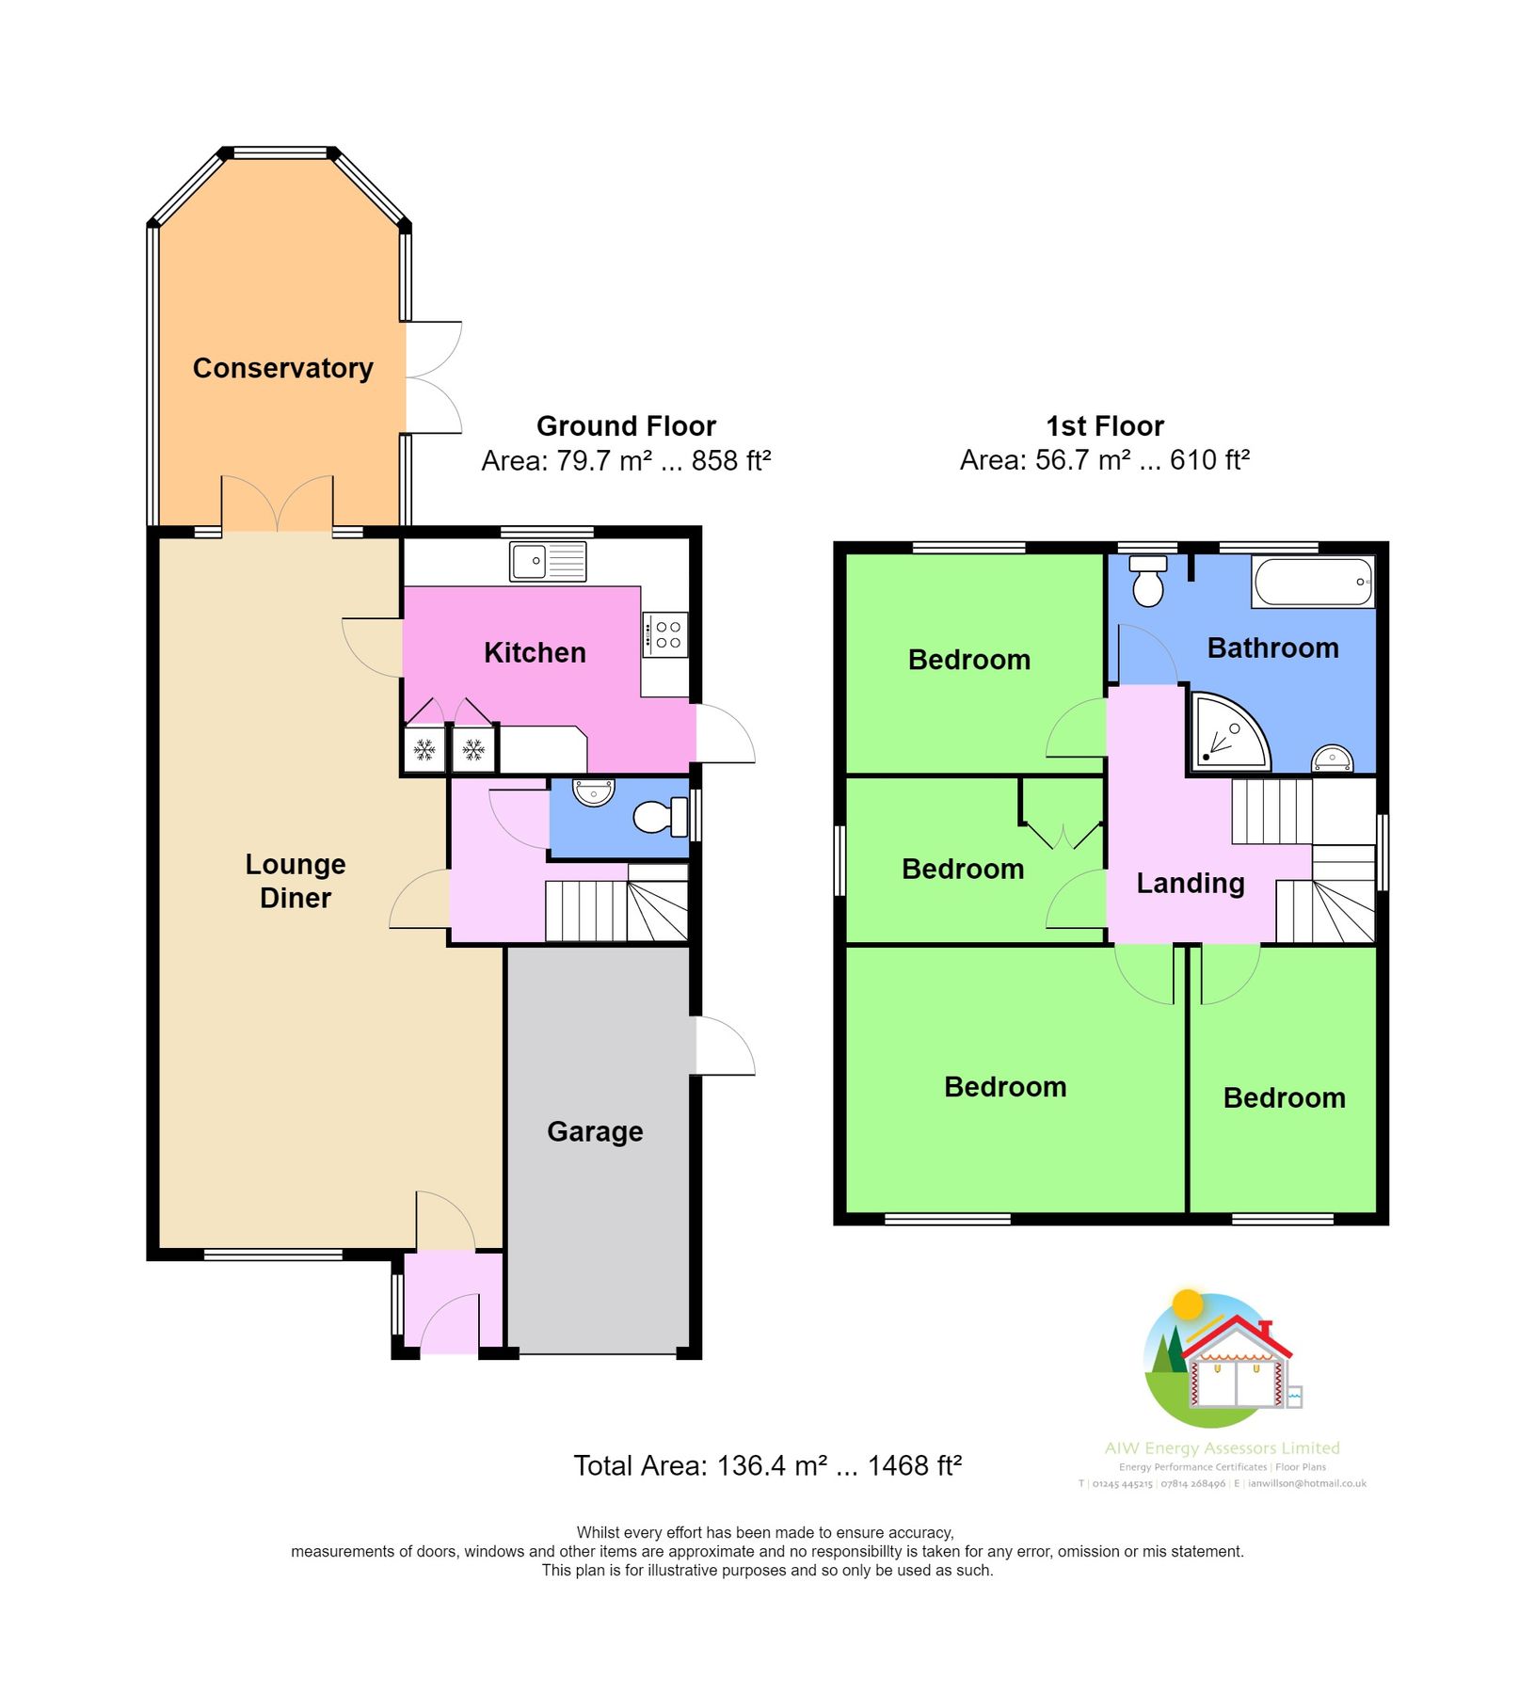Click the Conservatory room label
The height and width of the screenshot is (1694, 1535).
coord(282,368)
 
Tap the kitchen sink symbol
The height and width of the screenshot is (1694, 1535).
coord(547,561)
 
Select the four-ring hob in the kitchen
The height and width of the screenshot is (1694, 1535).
coord(666,635)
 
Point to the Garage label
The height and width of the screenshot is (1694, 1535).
coord(595,1131)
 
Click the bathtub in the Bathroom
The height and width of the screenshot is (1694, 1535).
coord(1313,582)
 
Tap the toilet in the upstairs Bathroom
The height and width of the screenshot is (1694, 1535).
coord(1147,582)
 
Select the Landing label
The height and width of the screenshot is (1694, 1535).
coord(1190,883)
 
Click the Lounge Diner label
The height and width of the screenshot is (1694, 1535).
coord(295,881)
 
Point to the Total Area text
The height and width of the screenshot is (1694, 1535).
coord(767,1465)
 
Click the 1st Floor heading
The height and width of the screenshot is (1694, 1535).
coord(1104,426)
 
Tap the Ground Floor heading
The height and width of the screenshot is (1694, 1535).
coord(626,426)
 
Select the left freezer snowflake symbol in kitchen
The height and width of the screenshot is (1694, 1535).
coord(424,750)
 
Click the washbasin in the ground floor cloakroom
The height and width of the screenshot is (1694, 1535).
coord(593,791)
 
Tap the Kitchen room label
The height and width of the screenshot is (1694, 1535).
coord(535,652)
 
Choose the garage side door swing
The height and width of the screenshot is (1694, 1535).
coord(726,1046)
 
